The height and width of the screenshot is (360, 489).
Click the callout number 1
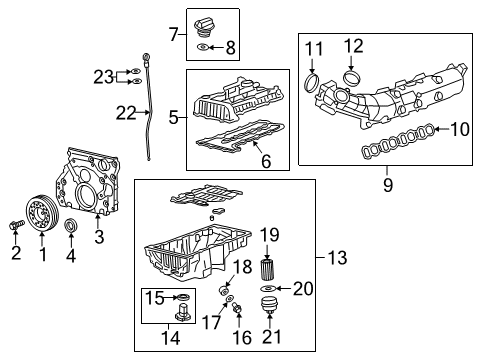click(42, 256)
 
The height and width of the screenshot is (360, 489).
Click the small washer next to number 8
click(204, 47)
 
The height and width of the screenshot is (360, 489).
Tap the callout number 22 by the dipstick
click(125, 114)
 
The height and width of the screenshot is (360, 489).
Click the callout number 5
click(174, 116)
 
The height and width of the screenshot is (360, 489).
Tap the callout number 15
click(155, 297)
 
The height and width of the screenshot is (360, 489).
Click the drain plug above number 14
click(181, 317)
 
